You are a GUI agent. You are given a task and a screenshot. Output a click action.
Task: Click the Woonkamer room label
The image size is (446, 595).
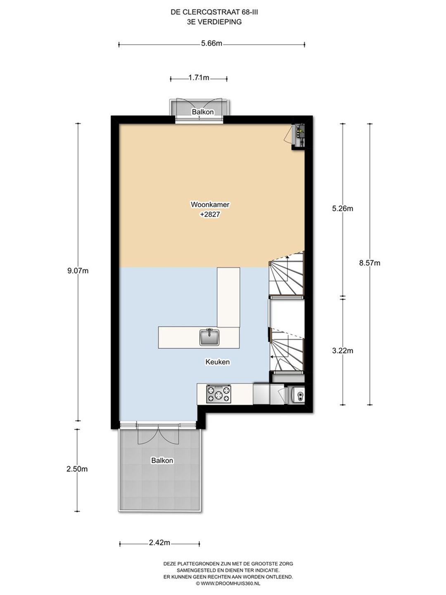tap(210, 205)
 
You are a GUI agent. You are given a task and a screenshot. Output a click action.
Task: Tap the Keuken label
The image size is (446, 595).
tap(218, 362)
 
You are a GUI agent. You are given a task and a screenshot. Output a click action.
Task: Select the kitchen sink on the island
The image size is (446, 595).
tap(209, 337)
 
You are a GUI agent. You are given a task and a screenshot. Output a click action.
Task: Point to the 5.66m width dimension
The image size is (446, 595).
tap(211, 43)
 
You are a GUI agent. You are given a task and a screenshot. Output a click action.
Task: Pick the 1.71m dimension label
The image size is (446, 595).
tap(199, 78)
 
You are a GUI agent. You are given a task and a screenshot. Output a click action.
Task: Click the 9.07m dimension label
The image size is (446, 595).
tap(78, 271)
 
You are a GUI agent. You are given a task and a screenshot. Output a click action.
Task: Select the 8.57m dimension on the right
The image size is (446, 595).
tap(370, 263)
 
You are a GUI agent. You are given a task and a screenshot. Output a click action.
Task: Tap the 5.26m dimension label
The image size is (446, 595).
tap(343, 208)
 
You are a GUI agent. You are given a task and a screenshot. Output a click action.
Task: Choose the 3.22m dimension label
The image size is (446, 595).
tap(343, 351)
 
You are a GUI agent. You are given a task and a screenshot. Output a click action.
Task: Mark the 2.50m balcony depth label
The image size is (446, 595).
tap(77, 469)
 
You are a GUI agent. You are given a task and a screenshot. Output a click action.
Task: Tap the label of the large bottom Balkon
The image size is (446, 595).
tap(162, 461)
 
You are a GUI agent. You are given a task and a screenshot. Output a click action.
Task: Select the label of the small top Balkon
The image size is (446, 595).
tap(202, 112)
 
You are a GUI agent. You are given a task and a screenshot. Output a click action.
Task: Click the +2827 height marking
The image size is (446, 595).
tap(210, 214)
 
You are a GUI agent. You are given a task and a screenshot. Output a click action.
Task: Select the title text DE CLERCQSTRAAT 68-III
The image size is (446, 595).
tap(212, 12)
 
